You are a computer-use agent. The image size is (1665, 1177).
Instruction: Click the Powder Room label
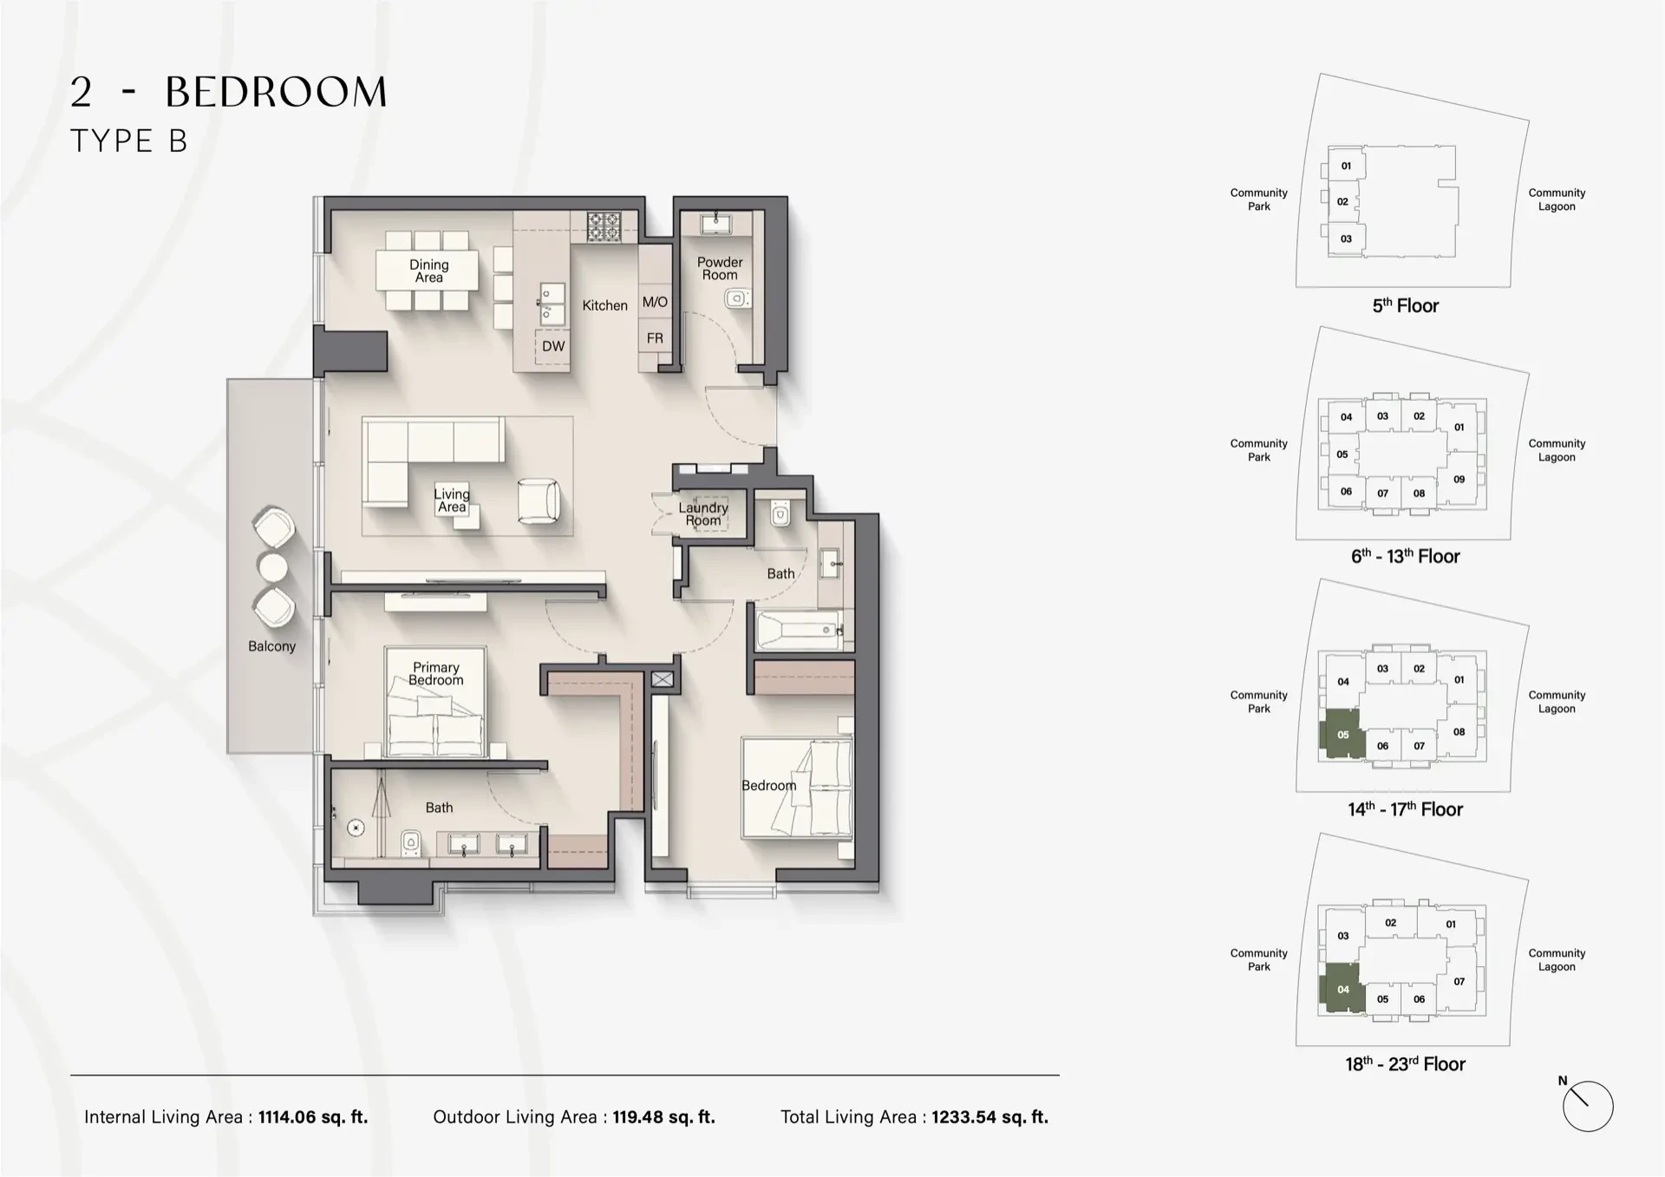pos(719,268)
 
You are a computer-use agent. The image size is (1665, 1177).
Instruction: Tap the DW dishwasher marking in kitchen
pos(552,346)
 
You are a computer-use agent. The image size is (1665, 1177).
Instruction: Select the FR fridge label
pos(655,338)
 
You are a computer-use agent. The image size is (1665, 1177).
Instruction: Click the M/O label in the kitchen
pos(655,302)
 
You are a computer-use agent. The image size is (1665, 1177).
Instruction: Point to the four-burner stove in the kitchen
pos(604,227)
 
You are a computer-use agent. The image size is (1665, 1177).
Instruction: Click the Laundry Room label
pos(702,513)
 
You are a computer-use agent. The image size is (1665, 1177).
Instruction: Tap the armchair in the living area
pos(539,500)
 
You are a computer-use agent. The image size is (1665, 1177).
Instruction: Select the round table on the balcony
pos(273,567)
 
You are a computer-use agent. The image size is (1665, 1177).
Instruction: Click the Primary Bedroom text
pos(435,673)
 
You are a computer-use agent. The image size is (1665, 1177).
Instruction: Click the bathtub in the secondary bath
pos(799,631)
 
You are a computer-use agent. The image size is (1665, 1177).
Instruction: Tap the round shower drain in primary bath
pos(356,828)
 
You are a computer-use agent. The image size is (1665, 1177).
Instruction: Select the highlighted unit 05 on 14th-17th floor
pos(1341,736)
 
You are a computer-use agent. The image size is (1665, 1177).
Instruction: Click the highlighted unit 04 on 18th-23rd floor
pos(1341,990)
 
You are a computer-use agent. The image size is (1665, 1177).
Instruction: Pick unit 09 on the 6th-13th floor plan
pos(1459,479)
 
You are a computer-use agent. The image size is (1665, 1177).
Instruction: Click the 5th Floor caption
pos(1405,305)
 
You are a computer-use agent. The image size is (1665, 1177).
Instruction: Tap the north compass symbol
pos(1587,1106)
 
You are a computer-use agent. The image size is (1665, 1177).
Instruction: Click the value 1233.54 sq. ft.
pos(989,1117)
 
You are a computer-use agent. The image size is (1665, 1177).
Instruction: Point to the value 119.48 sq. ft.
pos(663,1117)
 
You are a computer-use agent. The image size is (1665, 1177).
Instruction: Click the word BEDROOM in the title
pos(276,93)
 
